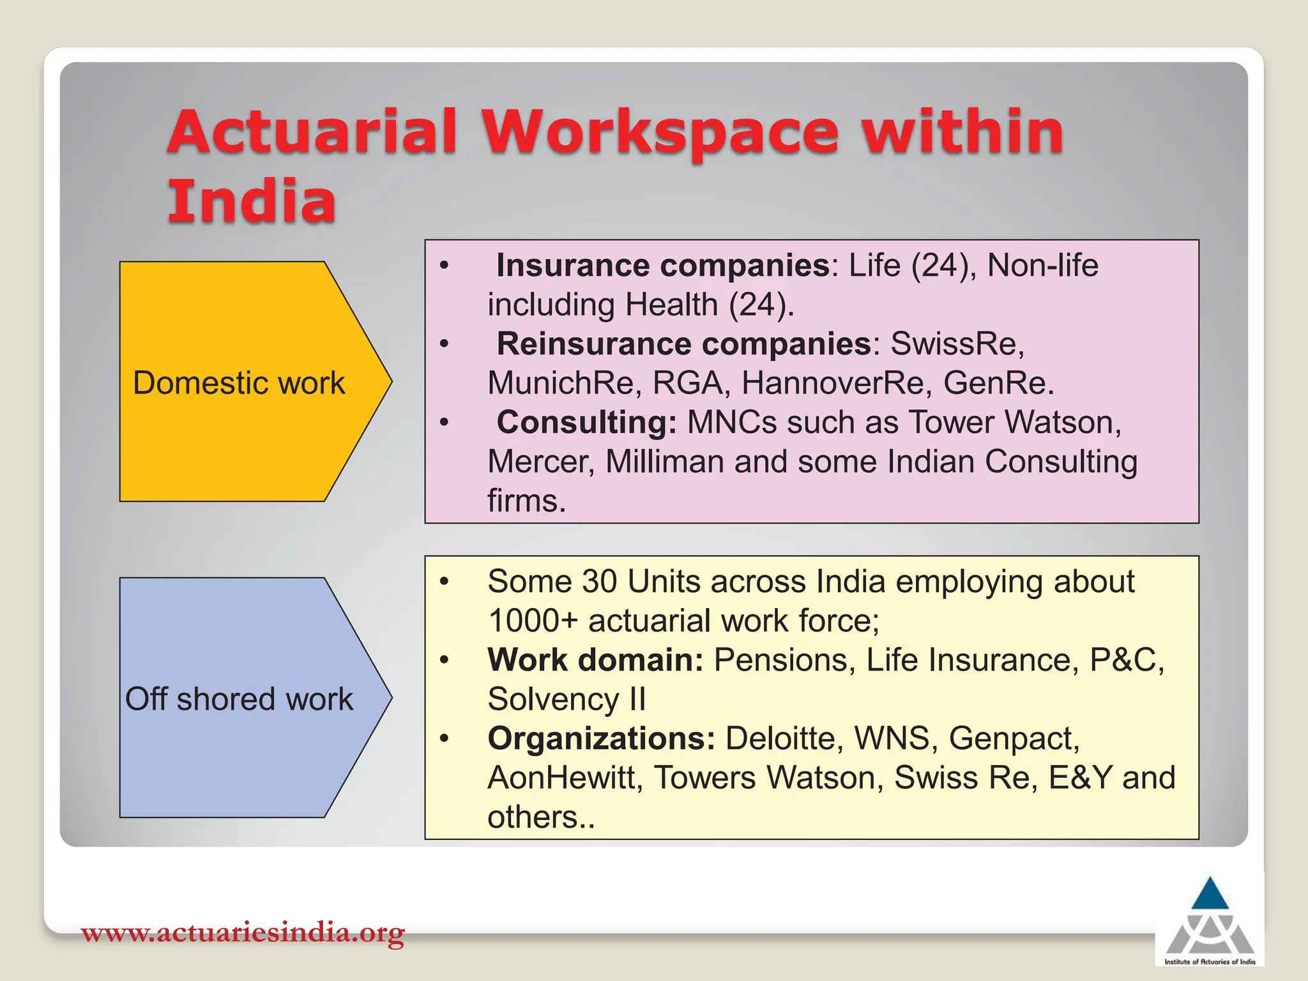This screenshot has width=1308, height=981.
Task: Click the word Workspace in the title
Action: click(x=660, y=133)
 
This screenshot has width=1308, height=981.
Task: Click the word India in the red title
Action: click(x=252, y=202)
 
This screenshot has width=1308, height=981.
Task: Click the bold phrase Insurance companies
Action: click(x=663, y=266)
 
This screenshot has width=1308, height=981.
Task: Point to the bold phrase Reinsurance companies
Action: click(x=684, y=344)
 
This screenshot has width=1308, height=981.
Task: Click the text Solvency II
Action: click(x=567, y=699)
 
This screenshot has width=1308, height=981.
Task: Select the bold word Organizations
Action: click(x=601, y=739)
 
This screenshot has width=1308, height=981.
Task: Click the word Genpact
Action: click(x=1014, y=739)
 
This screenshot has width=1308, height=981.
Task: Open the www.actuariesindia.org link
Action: click(x=243, y=933)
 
